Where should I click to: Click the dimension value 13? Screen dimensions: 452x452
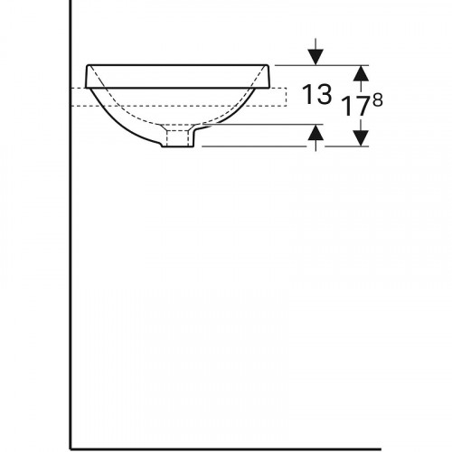click(316, 94)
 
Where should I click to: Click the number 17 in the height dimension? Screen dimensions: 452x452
click(356, 106)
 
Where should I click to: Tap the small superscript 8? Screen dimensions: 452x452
click(378, 100)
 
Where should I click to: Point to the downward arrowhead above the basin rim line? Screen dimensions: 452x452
click(315, 57)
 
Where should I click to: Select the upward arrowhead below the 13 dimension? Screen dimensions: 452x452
click(315, 132)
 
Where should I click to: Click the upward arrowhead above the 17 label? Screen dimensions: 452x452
click(361, 73)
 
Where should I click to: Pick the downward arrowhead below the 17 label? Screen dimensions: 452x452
click(361, 138)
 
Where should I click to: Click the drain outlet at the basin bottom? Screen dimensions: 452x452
click(177, 137)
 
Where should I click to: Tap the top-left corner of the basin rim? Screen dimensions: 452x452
click(88, 65)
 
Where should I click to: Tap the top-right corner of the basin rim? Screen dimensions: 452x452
click(268, 65)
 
